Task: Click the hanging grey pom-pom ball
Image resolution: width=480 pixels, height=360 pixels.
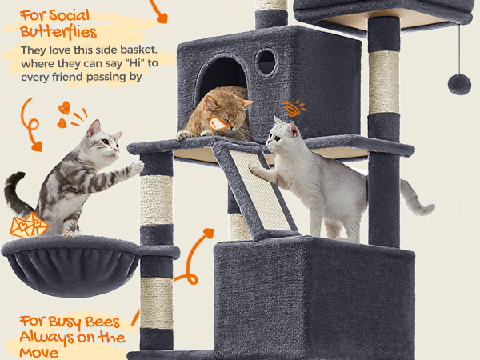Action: coord(459,84)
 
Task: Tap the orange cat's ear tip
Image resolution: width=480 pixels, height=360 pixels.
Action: coord(253,102)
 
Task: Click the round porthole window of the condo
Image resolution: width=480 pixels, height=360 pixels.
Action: coord(266,62)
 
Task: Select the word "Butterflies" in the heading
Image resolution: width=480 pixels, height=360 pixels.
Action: coord(58,32)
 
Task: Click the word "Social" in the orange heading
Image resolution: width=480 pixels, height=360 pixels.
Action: coord(69,16)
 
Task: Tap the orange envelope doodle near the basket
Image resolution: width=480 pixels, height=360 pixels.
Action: coord(29,225)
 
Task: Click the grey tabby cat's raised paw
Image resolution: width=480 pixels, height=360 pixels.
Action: coord(137,167)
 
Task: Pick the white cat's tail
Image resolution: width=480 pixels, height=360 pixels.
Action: coord(418,199)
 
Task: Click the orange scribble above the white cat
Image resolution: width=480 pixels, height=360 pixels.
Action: coord(294,108)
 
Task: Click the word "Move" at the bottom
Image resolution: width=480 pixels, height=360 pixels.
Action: coord(38,353)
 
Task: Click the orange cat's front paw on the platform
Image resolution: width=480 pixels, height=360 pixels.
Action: coord(183,135)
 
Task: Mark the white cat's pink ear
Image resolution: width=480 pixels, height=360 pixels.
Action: coord(294,129)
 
